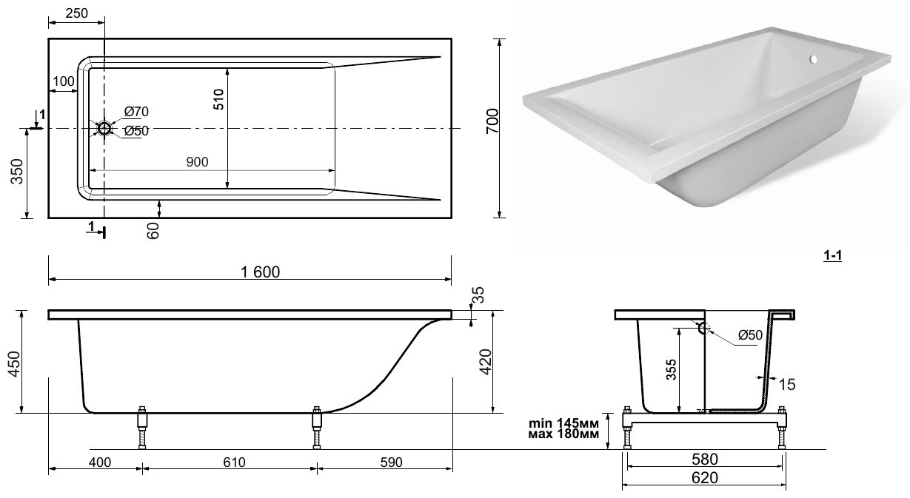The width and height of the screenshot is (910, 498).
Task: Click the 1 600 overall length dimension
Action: (x=261, y=272)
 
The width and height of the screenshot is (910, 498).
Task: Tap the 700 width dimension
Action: (x=492, y=121)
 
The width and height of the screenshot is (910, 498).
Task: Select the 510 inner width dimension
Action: (x=218, y=99)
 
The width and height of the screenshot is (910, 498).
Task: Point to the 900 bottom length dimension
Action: (x=197, y=162)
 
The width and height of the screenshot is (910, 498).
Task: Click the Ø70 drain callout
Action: (x=136, y=111)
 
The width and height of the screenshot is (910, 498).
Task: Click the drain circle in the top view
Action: (x=104, y=129)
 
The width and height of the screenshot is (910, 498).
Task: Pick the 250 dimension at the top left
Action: (x=76, y=13)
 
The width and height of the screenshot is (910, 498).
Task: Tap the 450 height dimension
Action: (x=15, y=364)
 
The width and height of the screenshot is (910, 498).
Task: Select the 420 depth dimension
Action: (x=486, y=362)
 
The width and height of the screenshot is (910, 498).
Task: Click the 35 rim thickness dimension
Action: (x=479, y=295)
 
